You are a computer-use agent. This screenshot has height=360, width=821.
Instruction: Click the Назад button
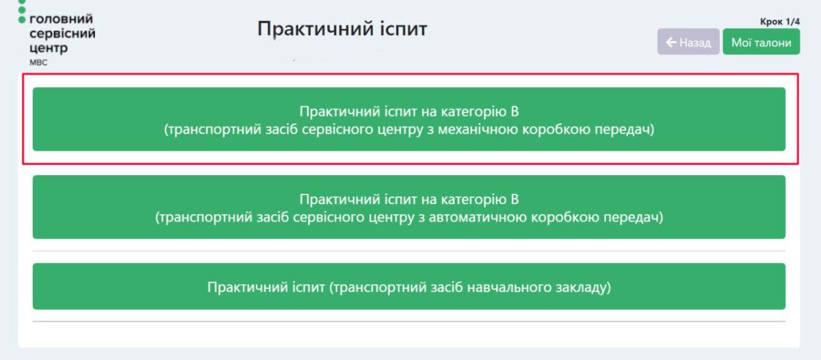688,42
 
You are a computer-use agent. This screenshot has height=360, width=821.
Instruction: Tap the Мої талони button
761,42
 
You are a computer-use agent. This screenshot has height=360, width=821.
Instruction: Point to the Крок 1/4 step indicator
779,22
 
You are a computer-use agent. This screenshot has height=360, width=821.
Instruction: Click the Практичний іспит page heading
342,29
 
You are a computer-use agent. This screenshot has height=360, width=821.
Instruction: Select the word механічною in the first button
478,129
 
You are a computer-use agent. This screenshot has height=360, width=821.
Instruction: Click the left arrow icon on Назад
670,42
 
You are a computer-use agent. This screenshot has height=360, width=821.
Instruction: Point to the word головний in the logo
61,19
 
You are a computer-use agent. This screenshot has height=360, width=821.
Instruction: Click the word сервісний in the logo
62,34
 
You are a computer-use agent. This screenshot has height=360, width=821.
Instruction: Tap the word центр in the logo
49,48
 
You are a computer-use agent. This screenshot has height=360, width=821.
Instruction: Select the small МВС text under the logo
38,63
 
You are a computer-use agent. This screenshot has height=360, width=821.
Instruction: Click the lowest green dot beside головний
22,19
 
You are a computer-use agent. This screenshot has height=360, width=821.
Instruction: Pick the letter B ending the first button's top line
514,112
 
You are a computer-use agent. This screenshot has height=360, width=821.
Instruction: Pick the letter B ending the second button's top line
514,199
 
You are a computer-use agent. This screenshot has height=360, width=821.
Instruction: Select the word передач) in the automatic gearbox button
634,218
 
